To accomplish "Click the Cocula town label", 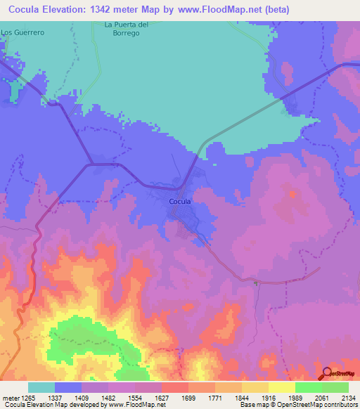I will (x=180, y=202).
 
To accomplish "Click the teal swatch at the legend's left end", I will (x=41, y=387).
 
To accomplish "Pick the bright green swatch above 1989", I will (x=308, y=387).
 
